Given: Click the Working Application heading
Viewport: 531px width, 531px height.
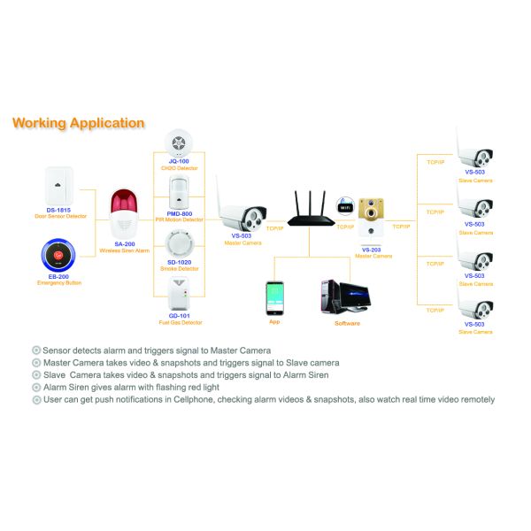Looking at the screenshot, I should click(x=78, y=123).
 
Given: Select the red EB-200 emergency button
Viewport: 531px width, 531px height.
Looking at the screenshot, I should click(x=60, y=257).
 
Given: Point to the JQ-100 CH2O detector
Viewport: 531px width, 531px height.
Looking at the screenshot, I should click(x=178, y=143).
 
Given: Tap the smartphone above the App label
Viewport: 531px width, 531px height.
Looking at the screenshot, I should click(x=274, y=297).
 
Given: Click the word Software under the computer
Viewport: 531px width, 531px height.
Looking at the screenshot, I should click(x=347, y=323).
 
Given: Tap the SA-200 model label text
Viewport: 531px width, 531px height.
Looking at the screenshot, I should click(x=125, y=244).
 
